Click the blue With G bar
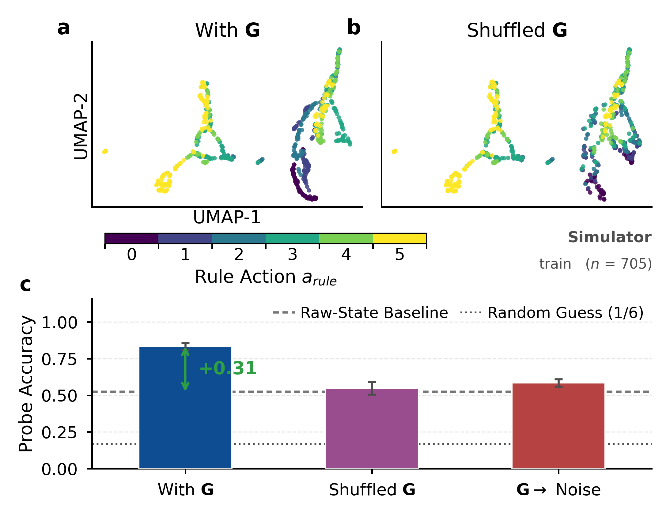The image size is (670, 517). point(185,408)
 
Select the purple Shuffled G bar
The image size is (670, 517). point(372,428)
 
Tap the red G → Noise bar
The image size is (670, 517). point(558,426)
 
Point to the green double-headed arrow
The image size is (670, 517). point(185,369)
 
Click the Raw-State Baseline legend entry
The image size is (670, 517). point(361,313)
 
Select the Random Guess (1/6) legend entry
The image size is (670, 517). point(552,313)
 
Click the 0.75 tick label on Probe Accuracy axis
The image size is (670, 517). point(59,359)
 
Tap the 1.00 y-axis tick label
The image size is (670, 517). point(59,323)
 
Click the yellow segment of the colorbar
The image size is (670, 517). point(399,238)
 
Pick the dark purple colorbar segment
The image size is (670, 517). point(132,238)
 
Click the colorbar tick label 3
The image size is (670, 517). point(292,255)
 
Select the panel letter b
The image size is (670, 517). point(354,27)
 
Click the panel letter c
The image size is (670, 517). point(25,285)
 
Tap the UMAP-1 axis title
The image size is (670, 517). point(227,217)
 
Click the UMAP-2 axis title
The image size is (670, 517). point(81,126)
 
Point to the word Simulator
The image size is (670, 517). point(610,237)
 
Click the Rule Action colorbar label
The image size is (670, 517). point(266,277)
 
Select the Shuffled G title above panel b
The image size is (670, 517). point(517,30)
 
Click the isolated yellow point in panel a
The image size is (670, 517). point(105,151)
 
